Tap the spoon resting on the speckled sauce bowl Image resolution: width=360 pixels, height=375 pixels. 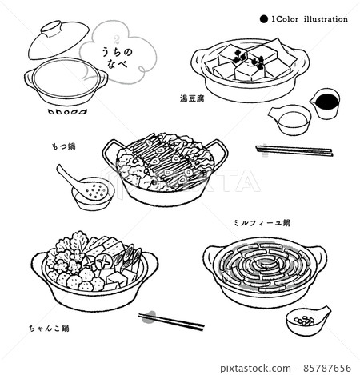70,176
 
